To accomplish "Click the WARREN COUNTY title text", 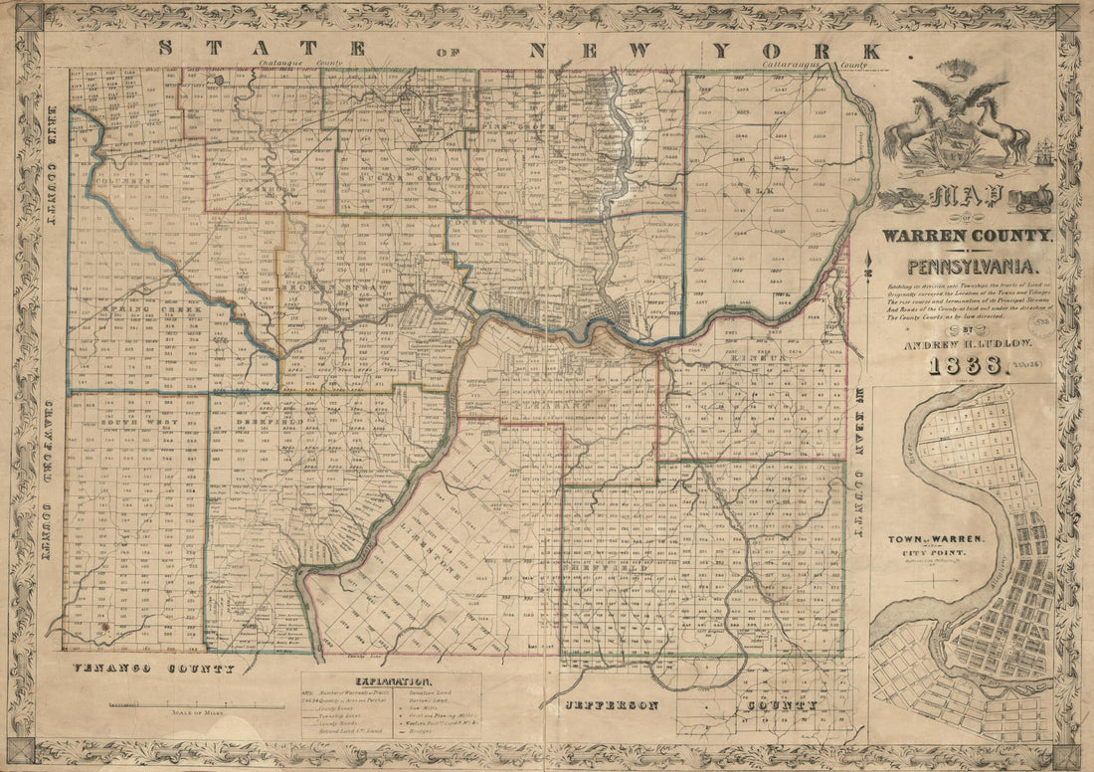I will pos(965,235).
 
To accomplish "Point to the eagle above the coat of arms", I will pos(958,98).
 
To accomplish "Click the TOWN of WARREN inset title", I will pos(935,538).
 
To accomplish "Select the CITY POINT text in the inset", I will pos(936,552).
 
